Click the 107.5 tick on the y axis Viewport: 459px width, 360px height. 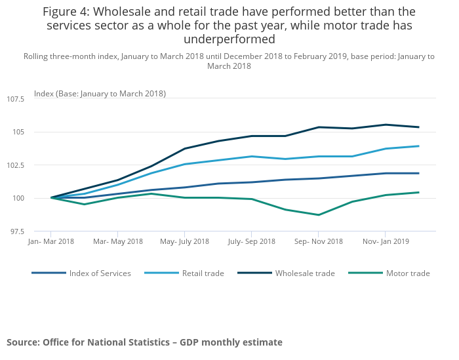click(x=14, y=99)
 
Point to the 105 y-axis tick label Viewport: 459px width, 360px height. click(x=17, y=132)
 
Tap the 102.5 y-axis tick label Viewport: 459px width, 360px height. click(x=14, y=165)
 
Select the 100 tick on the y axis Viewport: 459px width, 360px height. click(x=17, y=199)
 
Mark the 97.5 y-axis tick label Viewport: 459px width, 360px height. click(x=16, y=231)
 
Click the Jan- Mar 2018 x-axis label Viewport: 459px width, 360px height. click(x=51, y=242)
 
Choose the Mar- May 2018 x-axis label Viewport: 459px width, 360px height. click(x=118, y=242)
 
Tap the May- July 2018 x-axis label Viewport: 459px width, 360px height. click(x=185, y=242)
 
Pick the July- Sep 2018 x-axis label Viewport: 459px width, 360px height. click(x=252, y=242)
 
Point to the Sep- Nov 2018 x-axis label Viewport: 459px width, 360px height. click(x=319, y=242)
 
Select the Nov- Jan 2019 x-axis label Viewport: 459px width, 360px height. click(x=386, y=242)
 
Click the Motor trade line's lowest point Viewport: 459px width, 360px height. click(x=319, y=215)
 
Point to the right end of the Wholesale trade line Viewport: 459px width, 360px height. click(x=419, y=127)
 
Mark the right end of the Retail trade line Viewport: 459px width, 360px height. click(x=419, y=146)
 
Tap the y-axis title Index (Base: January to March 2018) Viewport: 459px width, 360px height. click(x=100, y=94)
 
